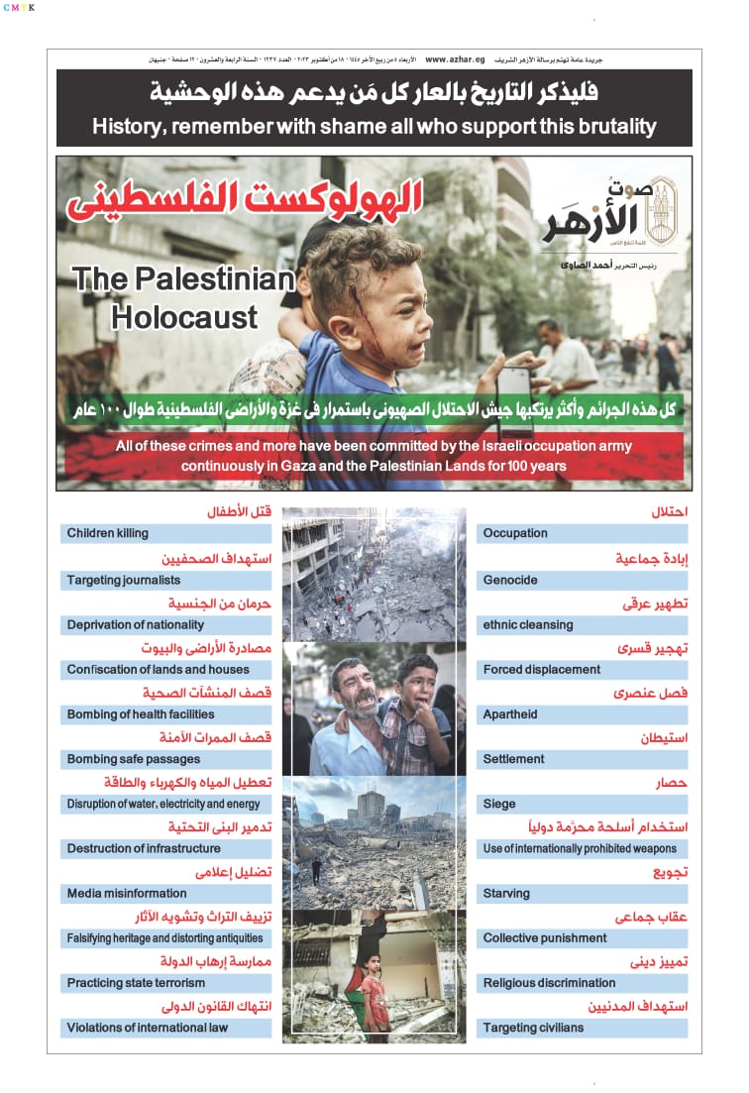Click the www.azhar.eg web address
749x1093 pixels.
tap(456, 59)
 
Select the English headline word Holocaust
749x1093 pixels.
tap(184, 317)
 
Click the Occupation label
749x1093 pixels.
tap(515, 533)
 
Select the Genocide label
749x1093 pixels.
tap(510, 580)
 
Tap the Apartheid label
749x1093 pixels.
tap(510, 713)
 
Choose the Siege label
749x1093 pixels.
tap(499, 804)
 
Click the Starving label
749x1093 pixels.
tap(506, 893)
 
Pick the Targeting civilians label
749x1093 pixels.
tap(533, 1028)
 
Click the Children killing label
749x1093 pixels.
tap(107, 533)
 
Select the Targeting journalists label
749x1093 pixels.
tap(124, 580)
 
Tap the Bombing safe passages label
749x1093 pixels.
tap(134, 759)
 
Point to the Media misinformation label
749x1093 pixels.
tap(127, 893)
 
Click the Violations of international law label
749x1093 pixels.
tap(148, 1028)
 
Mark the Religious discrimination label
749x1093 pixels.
tap(549, 983)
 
